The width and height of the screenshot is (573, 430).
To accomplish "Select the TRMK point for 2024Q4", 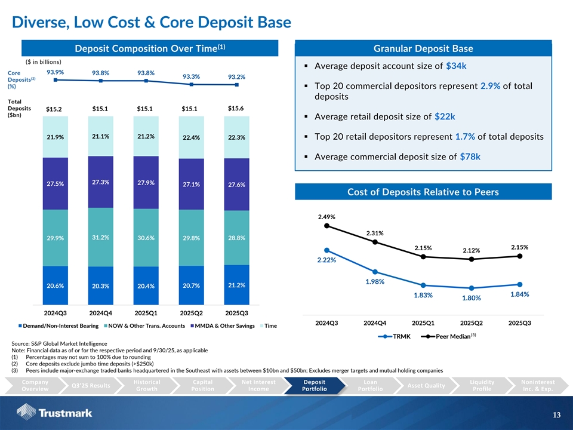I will click(x=375, y=272).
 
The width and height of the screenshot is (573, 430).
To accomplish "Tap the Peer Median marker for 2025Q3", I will click(x=520, y=256).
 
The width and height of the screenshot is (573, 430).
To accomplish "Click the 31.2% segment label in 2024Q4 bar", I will click(x=100, y=237).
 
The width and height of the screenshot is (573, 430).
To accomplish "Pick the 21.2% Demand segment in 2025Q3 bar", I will click(x=236, y=285).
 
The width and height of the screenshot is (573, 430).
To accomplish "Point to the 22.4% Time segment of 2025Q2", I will click(x=191, y=138).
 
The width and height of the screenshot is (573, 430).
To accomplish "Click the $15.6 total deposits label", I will click(x=236, y=108).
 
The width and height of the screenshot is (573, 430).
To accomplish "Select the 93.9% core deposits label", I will click(x=55, y=72).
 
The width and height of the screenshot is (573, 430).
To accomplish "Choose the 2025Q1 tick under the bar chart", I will click(x=146, y=312).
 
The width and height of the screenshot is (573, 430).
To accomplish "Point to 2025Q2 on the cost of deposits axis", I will click(x=472, y=323).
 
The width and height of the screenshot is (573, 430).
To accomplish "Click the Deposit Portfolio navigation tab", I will click(x=315, y=385).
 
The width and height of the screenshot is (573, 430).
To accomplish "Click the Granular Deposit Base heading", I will click(x=423, y=48).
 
